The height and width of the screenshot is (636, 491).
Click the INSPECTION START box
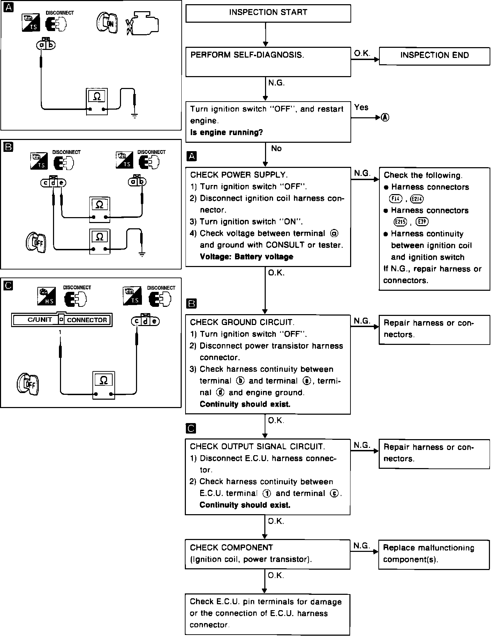pos(268,13)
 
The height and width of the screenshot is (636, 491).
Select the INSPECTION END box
pos(434,56)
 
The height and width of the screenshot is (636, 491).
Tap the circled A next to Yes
pos(385,117)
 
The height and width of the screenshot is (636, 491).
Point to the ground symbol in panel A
pos(135,116)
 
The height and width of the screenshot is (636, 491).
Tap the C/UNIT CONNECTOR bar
pos(62,320)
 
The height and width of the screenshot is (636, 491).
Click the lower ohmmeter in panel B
pos(99,241)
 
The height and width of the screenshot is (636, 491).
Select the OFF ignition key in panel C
pos(28,384)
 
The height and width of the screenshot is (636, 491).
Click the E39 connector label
pos(422,222)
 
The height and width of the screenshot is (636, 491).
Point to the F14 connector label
pos(395,199)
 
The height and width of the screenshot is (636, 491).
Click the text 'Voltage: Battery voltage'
pos(246,257)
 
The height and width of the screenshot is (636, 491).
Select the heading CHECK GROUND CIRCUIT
pos(242,322)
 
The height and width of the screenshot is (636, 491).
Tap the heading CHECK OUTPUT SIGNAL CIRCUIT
pos(257,446)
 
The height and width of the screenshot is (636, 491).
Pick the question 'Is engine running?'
pos(226,133)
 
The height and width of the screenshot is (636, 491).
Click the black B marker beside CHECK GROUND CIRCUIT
pos(192,304)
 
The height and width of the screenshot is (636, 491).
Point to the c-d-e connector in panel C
pos(145,321)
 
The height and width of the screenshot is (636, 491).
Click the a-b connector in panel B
pos(137,182)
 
